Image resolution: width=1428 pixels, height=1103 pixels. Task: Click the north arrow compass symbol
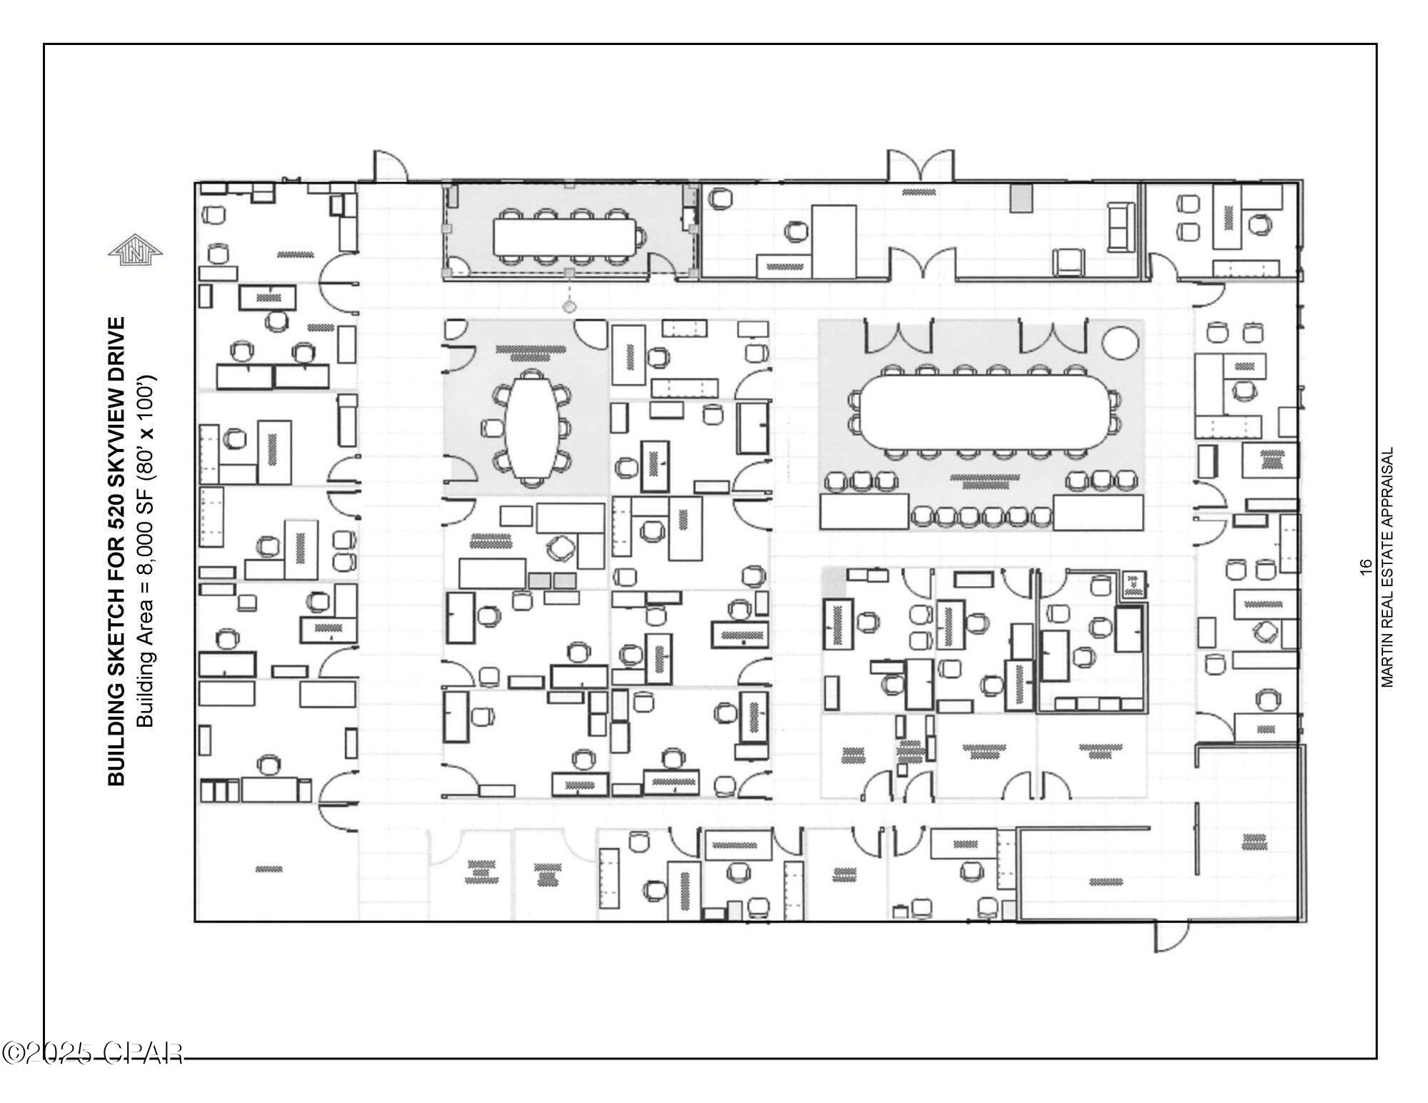click(x=136, y=251)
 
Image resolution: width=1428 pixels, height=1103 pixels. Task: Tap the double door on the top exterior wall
click(x=920, y=166)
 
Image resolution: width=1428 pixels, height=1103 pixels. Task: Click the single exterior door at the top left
click(x=390, y=166)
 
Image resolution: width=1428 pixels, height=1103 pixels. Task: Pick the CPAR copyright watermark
click(x=93, y=1053)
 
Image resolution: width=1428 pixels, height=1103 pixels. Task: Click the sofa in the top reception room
click(x=1121, y=226)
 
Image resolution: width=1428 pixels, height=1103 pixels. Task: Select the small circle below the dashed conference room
click(x=569, y=307)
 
